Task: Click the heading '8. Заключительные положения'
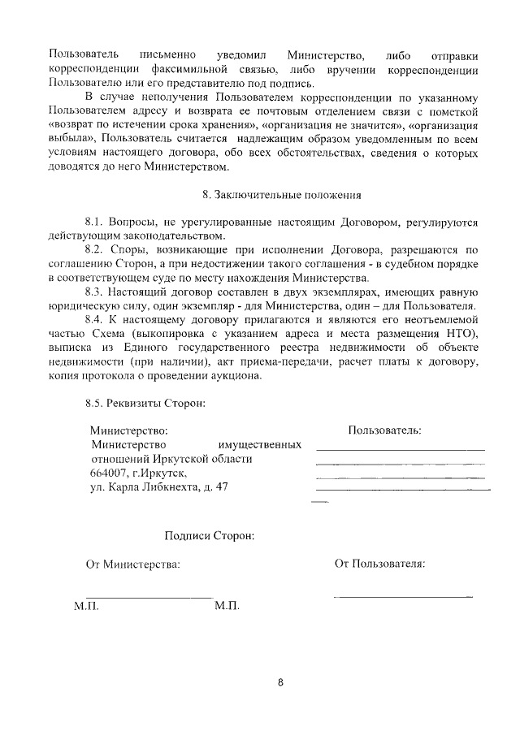pos(281,195)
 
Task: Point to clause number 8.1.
pos(96,222)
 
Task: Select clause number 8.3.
pos(96,292)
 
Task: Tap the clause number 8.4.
pos(96,321)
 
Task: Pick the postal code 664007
pos(110,473)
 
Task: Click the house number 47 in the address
pos(222,488)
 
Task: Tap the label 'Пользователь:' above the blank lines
pos(384,430)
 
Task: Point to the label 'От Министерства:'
pos(133,564)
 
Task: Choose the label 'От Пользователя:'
pos(379,564)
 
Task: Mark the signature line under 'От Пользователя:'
pos(403,597)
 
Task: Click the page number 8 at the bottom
pos(280,682)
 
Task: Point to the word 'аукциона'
pos(236,378)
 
